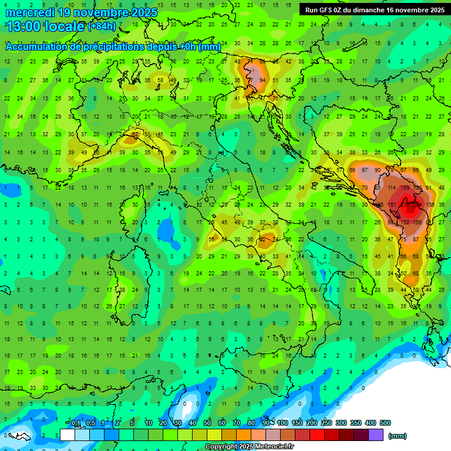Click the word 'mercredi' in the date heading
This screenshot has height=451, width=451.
pos(30,12)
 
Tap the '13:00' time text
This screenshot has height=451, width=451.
pos(23,26)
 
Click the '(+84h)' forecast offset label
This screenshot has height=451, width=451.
pos(102,26)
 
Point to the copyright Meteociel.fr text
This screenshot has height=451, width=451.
pos(249,447)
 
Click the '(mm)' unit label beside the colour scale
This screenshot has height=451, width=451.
pos(398,436)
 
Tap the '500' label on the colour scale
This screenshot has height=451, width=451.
pos(385,423)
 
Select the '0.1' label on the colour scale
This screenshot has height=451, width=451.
pos(76,423)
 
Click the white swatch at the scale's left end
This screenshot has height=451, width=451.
pos(68,435)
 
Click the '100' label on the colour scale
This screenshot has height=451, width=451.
pos(282,423)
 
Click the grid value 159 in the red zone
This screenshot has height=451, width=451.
pos(405,188)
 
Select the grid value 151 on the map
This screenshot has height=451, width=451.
pos(392,205)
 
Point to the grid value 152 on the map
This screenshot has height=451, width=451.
pos(405,222)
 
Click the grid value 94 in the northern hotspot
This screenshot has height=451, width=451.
pos(262,80)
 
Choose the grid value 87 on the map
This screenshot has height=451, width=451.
pos(416,239)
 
